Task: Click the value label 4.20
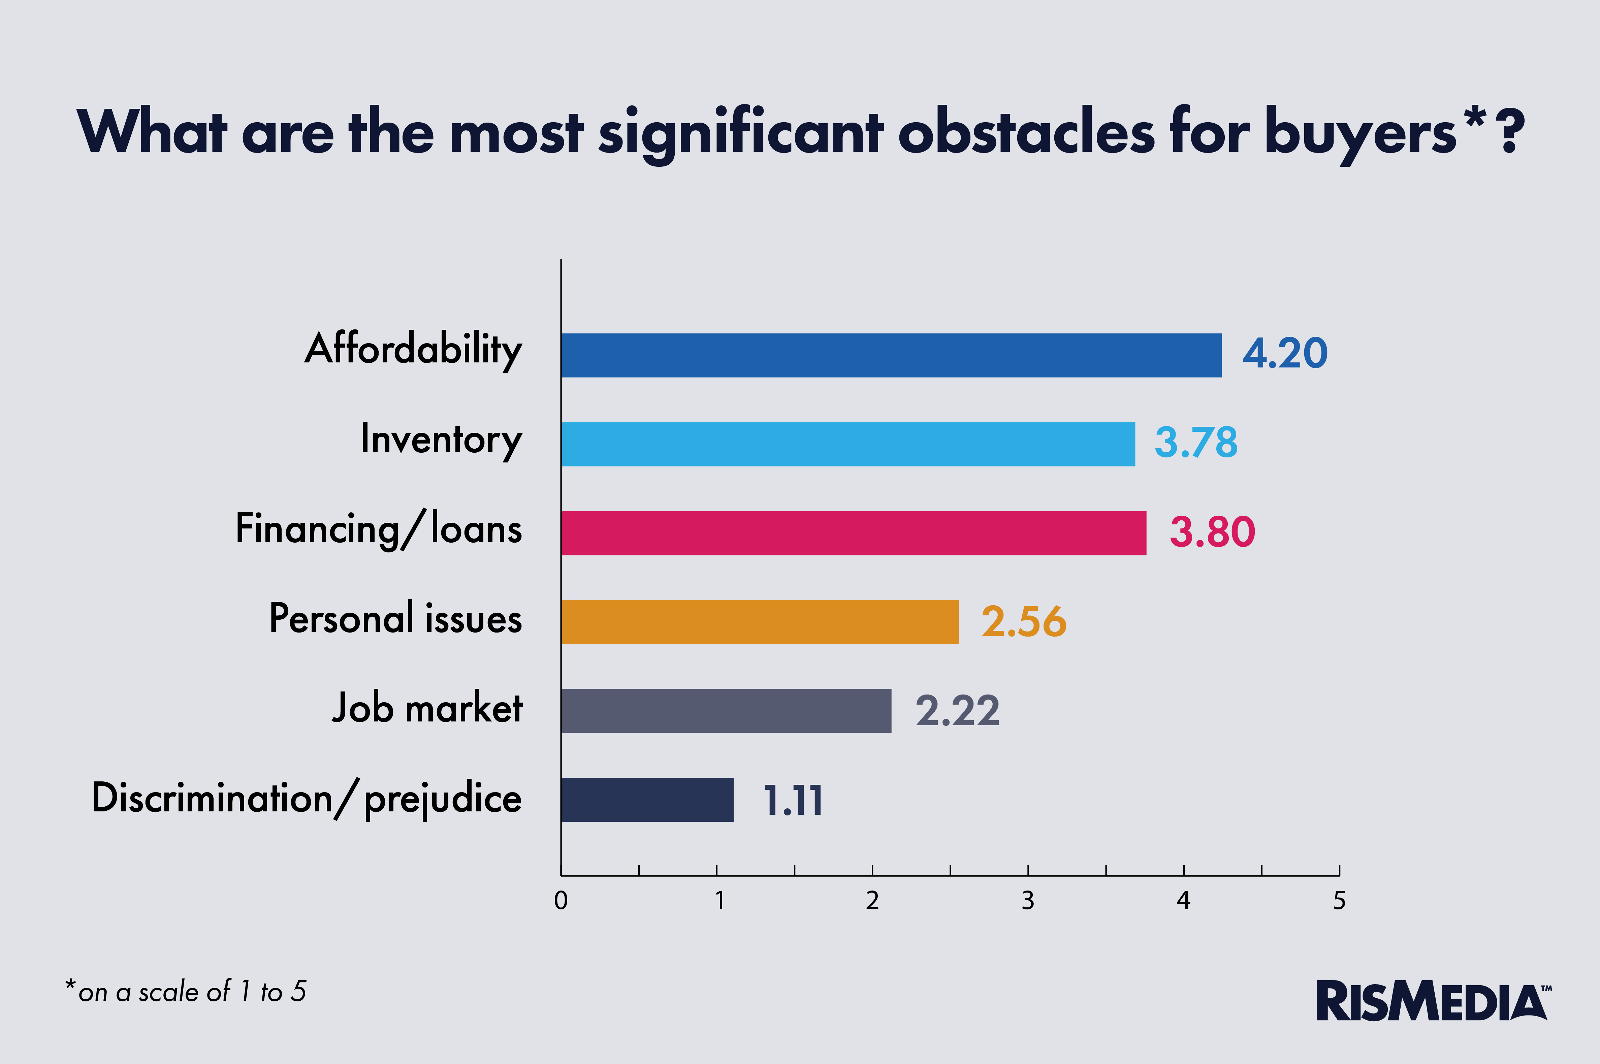pyautogui.click(x=1284, y=354)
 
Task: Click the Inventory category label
pyautogui.click(x=441, y=440)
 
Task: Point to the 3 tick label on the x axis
pyautogui.click(x=1028, y=900)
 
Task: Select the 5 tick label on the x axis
pyautogui.click(x=1339, y=900)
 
